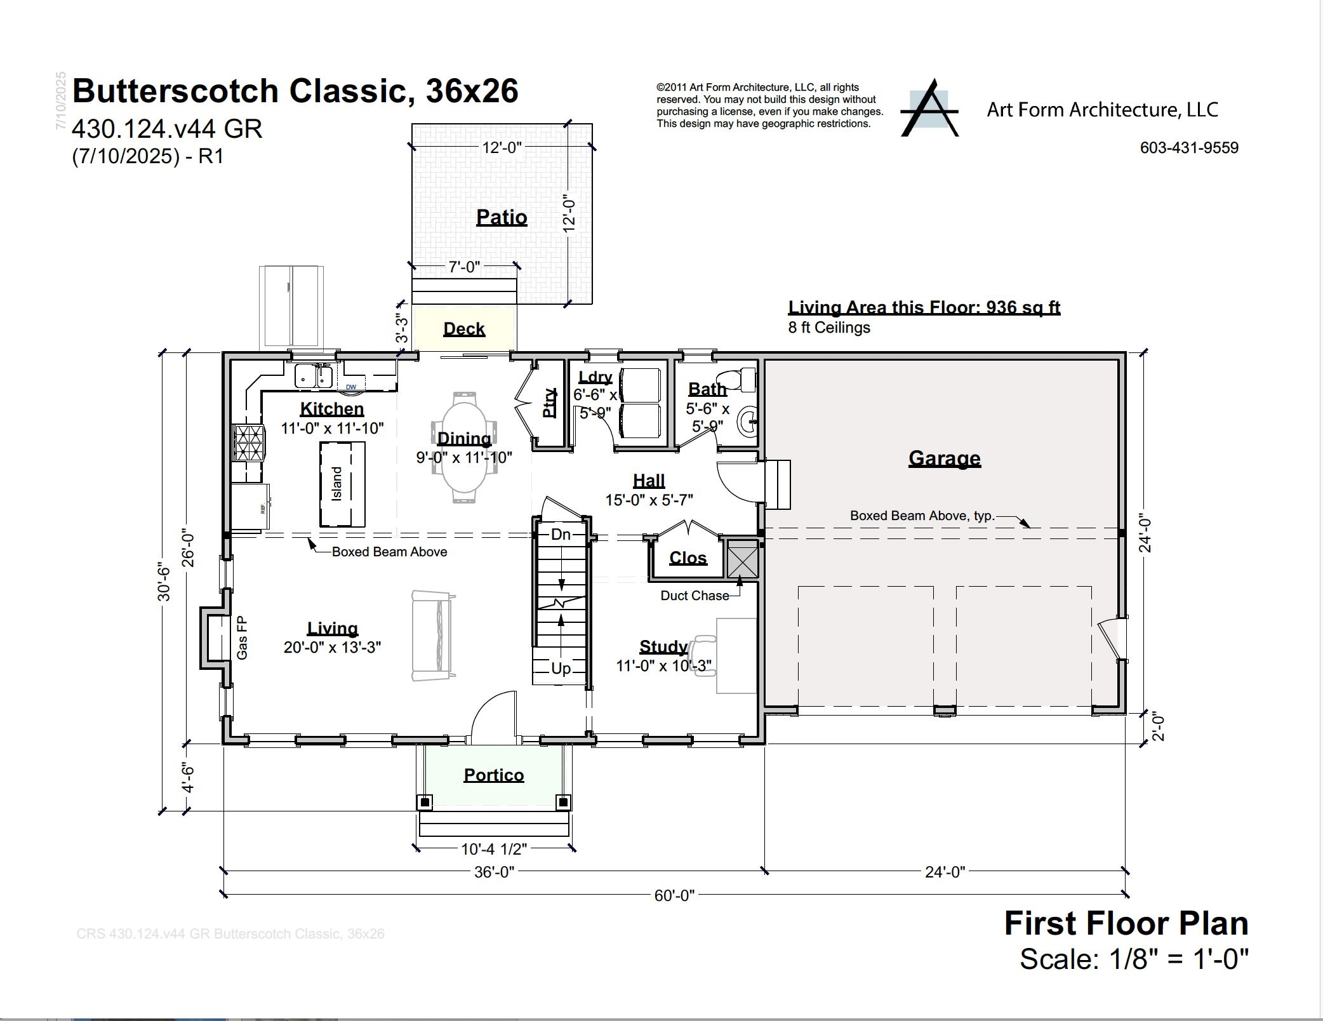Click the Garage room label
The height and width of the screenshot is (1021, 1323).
[944, 458]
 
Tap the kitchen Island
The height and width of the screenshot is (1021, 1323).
[342, 484]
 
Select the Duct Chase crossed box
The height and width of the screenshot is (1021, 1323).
[742, 559]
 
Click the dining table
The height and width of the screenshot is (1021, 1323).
[464, 448]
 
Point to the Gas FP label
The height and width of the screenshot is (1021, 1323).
[242, 637]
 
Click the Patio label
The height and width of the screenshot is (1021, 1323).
[502, 217]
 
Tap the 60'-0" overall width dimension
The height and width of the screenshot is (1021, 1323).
[674, 895]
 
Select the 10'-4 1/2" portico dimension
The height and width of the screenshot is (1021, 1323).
[494, 849]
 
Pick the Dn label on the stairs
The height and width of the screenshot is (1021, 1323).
[561, 535]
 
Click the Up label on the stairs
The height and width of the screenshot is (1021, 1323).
[561, 669]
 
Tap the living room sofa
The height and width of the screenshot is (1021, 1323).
[434, 636]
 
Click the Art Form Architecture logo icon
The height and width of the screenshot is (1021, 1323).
[929, 109]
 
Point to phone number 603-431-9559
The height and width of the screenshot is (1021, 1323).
[1189, 148]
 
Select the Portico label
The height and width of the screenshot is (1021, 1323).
[493, 775]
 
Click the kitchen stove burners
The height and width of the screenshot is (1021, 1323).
[248, 443]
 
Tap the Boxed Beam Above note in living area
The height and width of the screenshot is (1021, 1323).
[389, 552]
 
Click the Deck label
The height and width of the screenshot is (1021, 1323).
[464, 329]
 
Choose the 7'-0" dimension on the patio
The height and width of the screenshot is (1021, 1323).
[464, 267]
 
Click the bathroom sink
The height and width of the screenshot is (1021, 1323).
[748, 421]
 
